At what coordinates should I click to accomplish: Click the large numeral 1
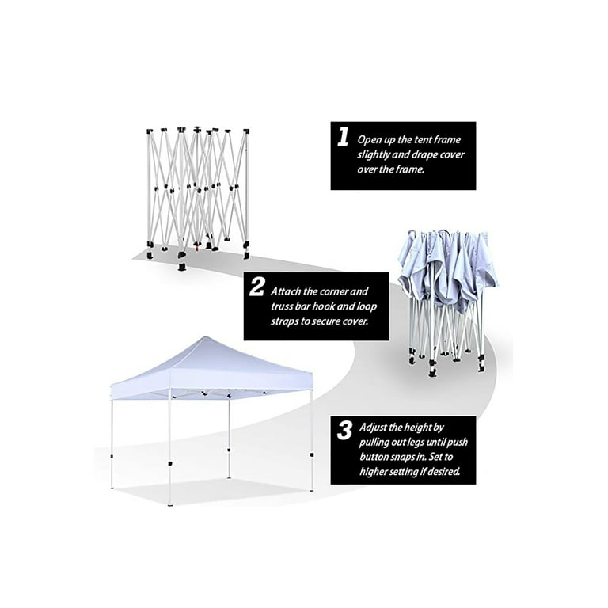(343, 138)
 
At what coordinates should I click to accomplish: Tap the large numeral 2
(256, 287)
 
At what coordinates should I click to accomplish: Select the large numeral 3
(344, 432)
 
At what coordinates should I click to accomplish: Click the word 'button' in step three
(375, 457)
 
